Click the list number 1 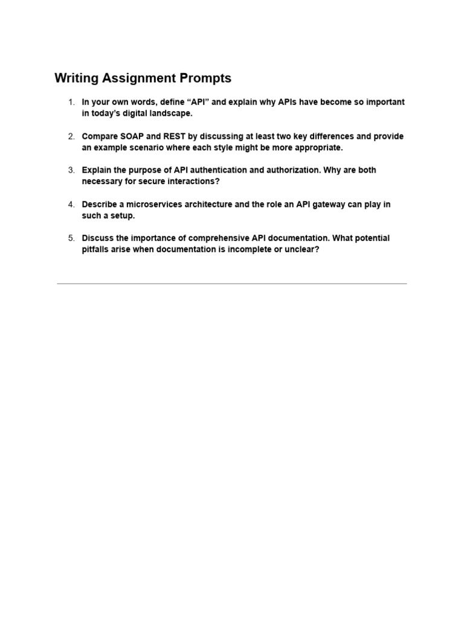coord(71,103)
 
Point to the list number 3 coord(71,170)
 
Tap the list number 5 coord(71,238)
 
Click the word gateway coord(318,205)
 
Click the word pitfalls coord(96,249)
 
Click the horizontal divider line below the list coord(232,283)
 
